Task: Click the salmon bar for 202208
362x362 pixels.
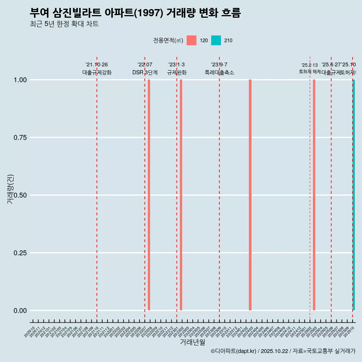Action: (x=149, y=195)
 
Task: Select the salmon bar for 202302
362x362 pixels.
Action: (x=181, y=195)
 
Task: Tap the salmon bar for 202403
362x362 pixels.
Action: (x=250, y=195)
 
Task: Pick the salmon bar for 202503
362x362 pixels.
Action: (x=314, y=195)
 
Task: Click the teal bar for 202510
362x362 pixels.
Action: (x=354, y=195)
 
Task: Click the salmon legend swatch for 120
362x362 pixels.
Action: (x=192, y=40)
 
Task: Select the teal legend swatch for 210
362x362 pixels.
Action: (x=216, y=40)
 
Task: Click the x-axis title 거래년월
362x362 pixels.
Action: (x=192, y=342)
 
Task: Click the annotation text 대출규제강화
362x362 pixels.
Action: (x=97, y=72)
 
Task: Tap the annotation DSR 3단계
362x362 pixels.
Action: (x=145, y=72)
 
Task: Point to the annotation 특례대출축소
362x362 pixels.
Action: (x=219, y=72)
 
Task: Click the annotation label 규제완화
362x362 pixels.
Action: (x=177, y=72)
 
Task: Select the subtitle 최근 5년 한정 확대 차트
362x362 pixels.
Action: (x=64, y=24)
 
